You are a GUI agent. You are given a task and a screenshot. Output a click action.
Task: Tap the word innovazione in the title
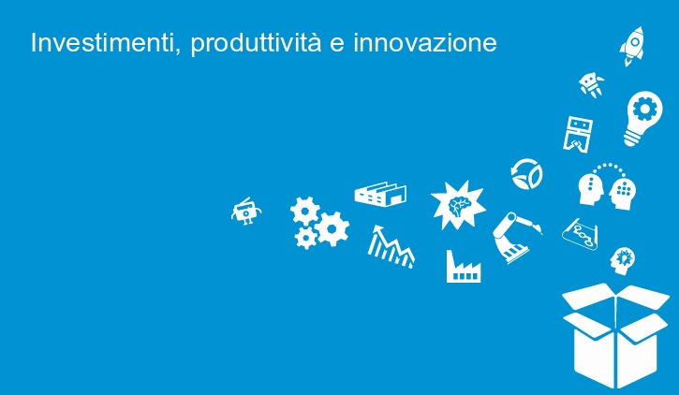(425, 44)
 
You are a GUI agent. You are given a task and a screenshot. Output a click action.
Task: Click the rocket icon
(632, 46)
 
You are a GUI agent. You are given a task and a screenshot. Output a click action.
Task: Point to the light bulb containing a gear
(644, 118)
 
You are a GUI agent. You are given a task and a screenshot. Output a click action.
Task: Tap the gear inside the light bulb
(644, 109)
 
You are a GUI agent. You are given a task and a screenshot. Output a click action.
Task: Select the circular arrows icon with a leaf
(526, 174)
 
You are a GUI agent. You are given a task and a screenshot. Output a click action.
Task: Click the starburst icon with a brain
(458, 205)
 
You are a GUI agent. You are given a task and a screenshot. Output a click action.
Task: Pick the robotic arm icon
(515, 237)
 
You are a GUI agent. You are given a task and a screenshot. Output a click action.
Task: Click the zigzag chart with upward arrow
(391, 247)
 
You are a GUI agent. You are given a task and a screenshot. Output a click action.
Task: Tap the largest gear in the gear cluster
(332, 229)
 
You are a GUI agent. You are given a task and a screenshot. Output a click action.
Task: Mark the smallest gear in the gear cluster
(306, 238)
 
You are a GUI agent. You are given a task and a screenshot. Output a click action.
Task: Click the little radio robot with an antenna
(246, 212)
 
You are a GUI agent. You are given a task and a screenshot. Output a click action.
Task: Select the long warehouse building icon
(380, 194)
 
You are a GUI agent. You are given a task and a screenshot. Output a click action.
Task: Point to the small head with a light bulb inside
(622, 261)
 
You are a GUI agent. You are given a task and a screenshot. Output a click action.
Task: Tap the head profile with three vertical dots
(590, 189)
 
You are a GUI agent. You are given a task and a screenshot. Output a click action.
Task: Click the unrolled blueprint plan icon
(581, 234)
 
